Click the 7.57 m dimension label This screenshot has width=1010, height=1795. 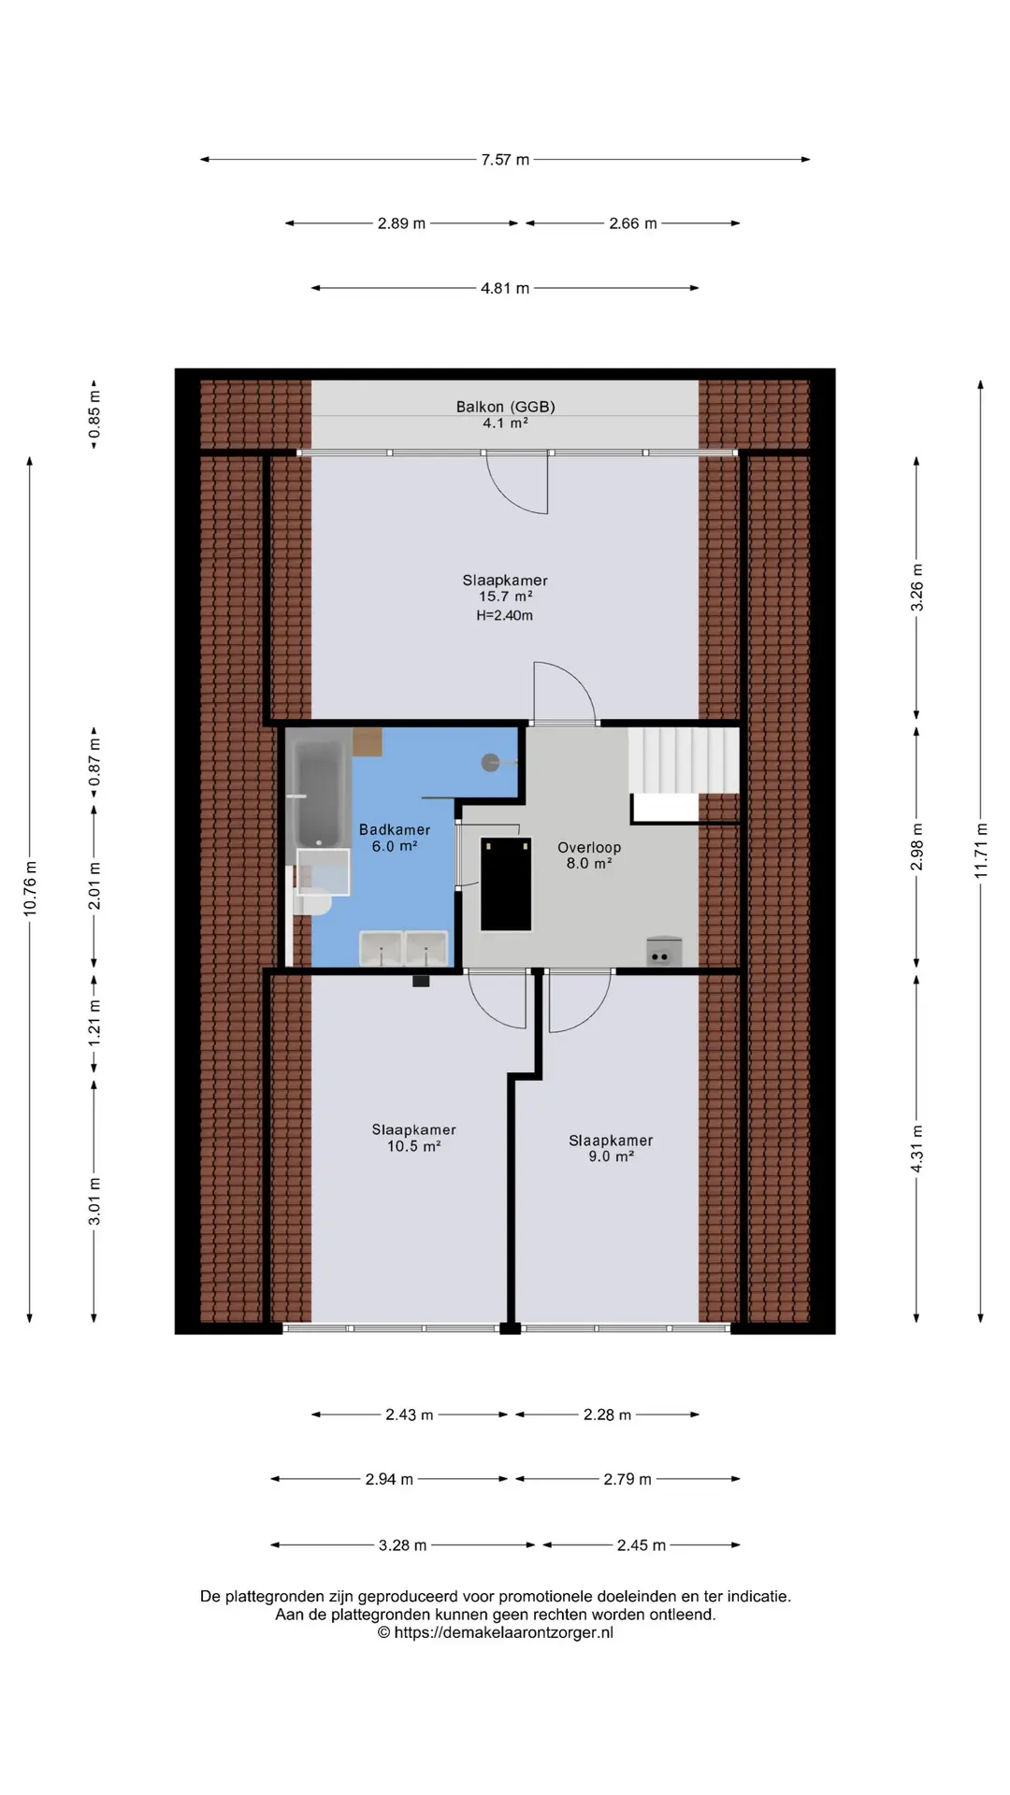click(505, 160)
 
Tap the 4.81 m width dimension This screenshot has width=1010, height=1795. click(505, 288)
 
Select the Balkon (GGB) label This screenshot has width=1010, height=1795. click(505, 407)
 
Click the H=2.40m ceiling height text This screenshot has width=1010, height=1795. click(505, 615)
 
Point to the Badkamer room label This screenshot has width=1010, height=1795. click(395, 830)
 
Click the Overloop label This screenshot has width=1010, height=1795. click(589, 848)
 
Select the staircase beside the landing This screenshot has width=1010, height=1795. click(684, 760)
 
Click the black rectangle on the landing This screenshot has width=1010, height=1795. click(506, 883)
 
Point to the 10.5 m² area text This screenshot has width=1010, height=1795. click(414, 1146)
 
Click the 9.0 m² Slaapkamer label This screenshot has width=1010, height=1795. click(612, 1148)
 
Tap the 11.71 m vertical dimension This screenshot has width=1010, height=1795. click(981, 850)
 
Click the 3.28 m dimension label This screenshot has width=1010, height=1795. click(402, 1545)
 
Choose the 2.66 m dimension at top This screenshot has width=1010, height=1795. click(633, 223)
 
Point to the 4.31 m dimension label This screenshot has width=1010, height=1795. click(917, 1149)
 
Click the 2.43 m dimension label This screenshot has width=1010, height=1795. click(410, 1414)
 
